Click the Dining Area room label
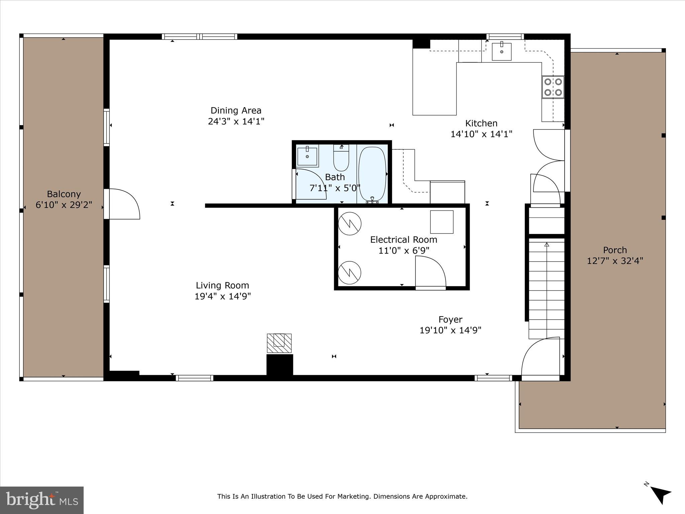[x=236, y=110]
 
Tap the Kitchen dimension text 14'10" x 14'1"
[x=481, y=134]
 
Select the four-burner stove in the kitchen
[x=553, y=87]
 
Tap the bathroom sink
[x=307, y=156]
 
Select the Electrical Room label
[x=403, y=240]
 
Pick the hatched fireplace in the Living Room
[x=279, y=343]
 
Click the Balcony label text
[x=64, y=194]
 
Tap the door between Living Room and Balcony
[x=122, y=204]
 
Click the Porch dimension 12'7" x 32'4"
[x=615, y=261]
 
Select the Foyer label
[x=450, y=320]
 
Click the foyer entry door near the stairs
[x=540, y=358]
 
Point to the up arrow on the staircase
[x=547, y=245]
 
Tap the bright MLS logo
[x=42, y=500]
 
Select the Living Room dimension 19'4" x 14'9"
[x=222, y=296]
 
